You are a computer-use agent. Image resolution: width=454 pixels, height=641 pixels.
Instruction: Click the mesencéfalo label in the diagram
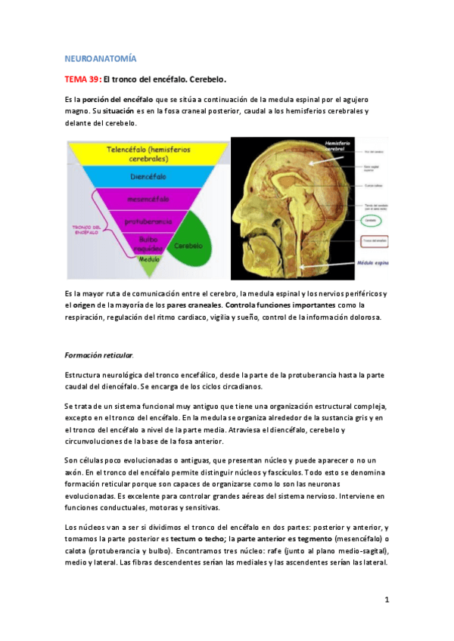coord(148,200)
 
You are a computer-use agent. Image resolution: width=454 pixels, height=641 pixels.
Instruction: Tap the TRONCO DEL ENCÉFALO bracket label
coord(86,229)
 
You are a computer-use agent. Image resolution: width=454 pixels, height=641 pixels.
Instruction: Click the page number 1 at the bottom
coord(386,599)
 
